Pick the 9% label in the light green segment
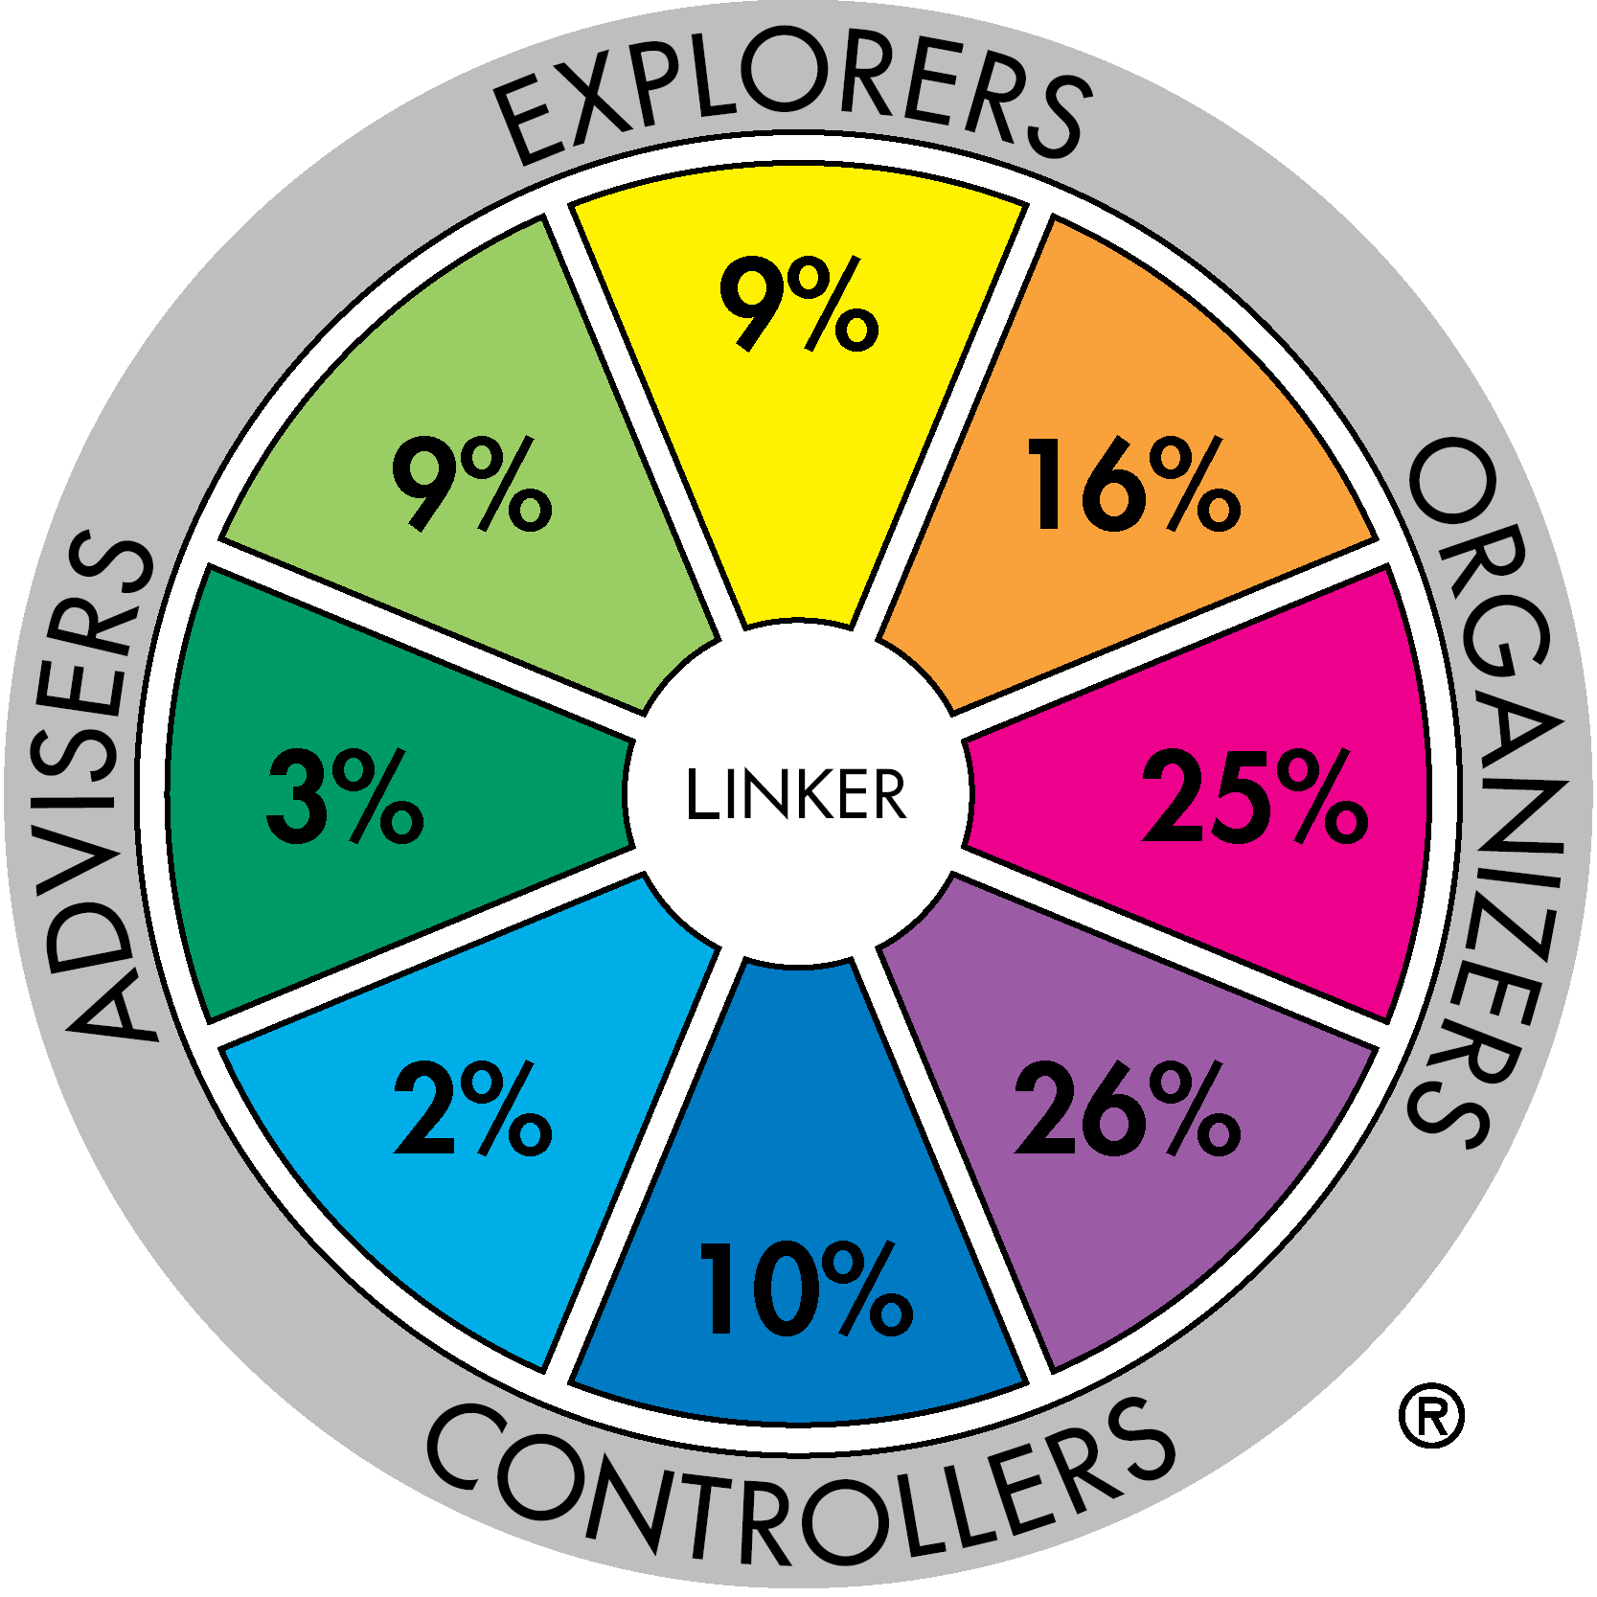tap(472, 484)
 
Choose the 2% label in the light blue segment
tap(472, 1108)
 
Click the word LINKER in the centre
tap(796, 795)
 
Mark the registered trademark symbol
tap(1431, 1415)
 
